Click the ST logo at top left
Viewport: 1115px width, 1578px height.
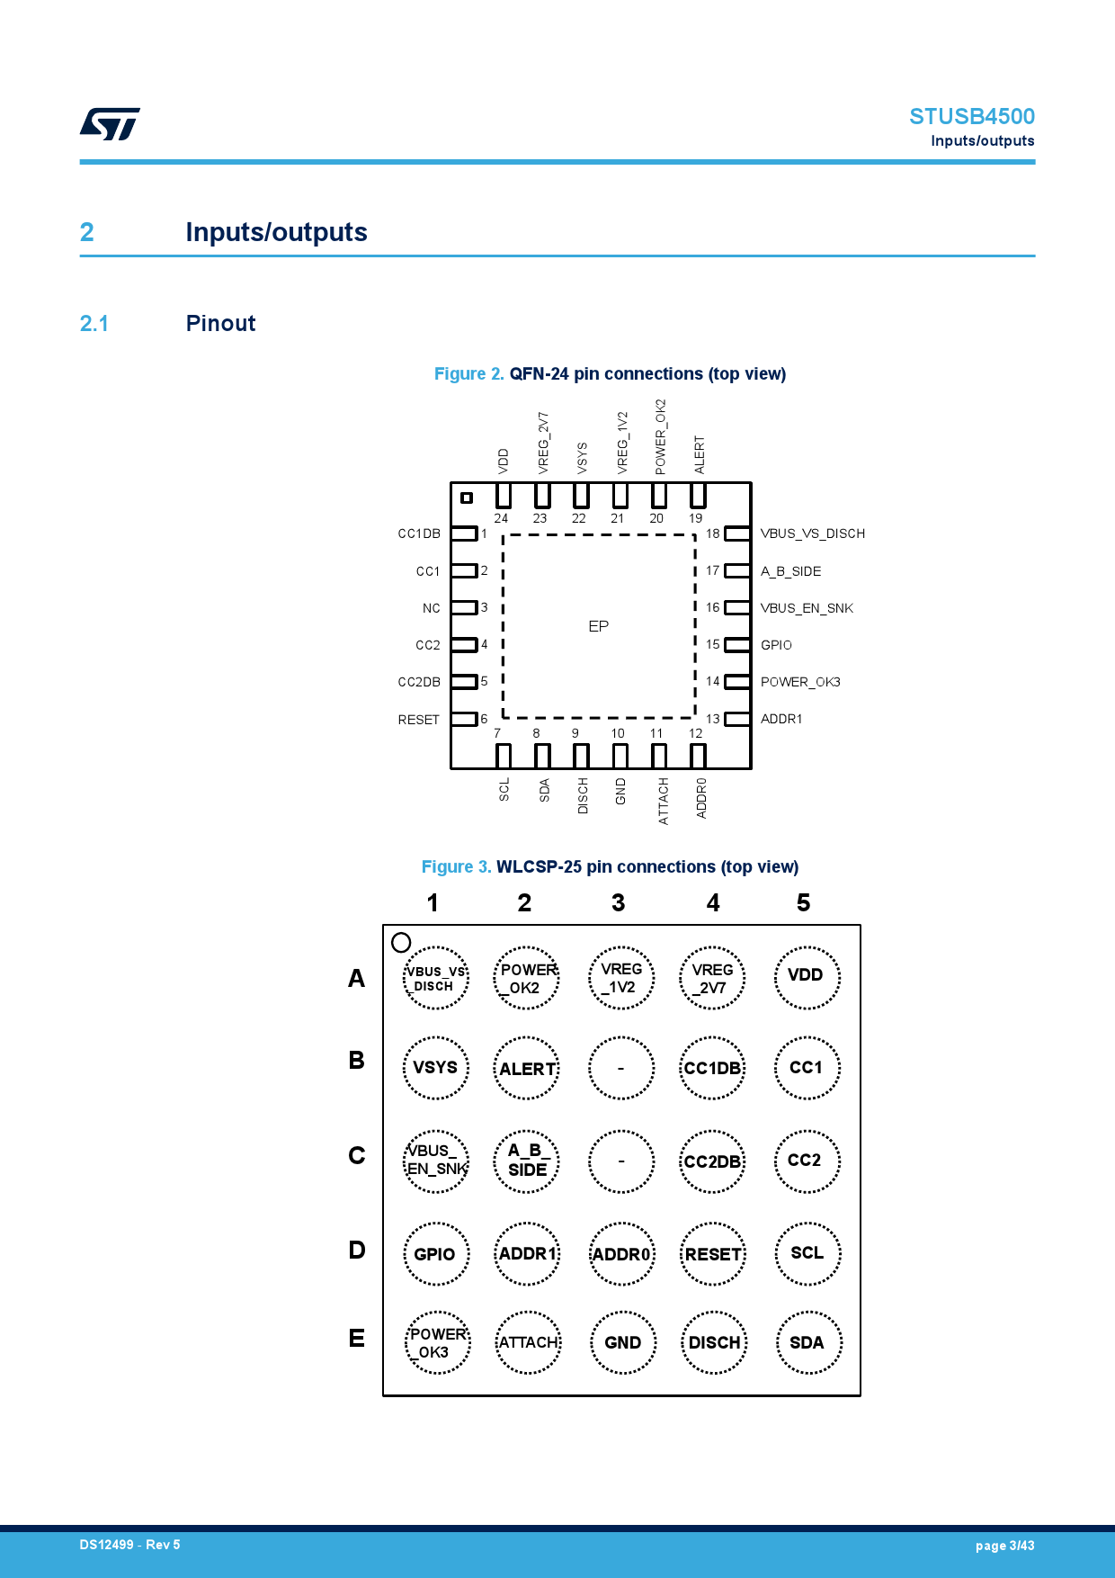(110, 124)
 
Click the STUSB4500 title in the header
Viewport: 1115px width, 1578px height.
(971, 117)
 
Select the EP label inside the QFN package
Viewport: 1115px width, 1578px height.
(598, 626)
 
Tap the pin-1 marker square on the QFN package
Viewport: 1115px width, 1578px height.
(466, 498)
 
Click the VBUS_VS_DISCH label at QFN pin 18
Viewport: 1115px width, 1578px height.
(812, 533)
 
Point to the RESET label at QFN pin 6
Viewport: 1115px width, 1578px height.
(418, 720)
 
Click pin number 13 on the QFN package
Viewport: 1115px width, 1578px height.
(712, 719)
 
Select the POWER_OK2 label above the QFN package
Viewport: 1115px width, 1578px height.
(660, 437)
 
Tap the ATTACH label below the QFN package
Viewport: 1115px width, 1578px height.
(664, 801)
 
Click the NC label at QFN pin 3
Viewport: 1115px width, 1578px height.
(431, 608)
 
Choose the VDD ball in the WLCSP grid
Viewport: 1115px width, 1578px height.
(807, 976)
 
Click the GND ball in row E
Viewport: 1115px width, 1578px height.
(622, 1342)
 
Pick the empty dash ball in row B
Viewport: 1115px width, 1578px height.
(620, 1069)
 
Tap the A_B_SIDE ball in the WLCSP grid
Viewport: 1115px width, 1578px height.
(527, 1161)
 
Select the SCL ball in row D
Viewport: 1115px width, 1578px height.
(807, 1253)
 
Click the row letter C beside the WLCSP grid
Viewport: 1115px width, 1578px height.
(357, 1156)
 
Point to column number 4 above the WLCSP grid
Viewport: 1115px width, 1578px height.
(713, 903)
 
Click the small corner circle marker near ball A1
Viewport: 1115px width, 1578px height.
(401, 942)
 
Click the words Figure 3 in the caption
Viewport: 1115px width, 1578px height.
(456, 866)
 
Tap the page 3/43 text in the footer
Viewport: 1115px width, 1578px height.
(1004, 1546)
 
